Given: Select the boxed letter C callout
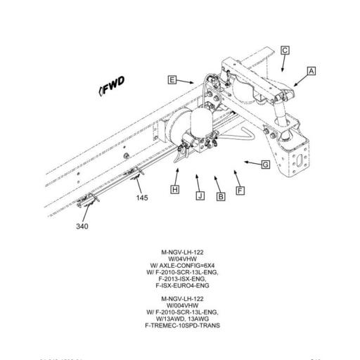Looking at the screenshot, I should tap(285, 50).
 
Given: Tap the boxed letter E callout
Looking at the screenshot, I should tap(172, 80).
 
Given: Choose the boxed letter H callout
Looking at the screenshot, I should tap(175, 190).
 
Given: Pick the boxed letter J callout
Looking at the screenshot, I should tap(200, 196).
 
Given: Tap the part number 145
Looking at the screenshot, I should tap(143, 198).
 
